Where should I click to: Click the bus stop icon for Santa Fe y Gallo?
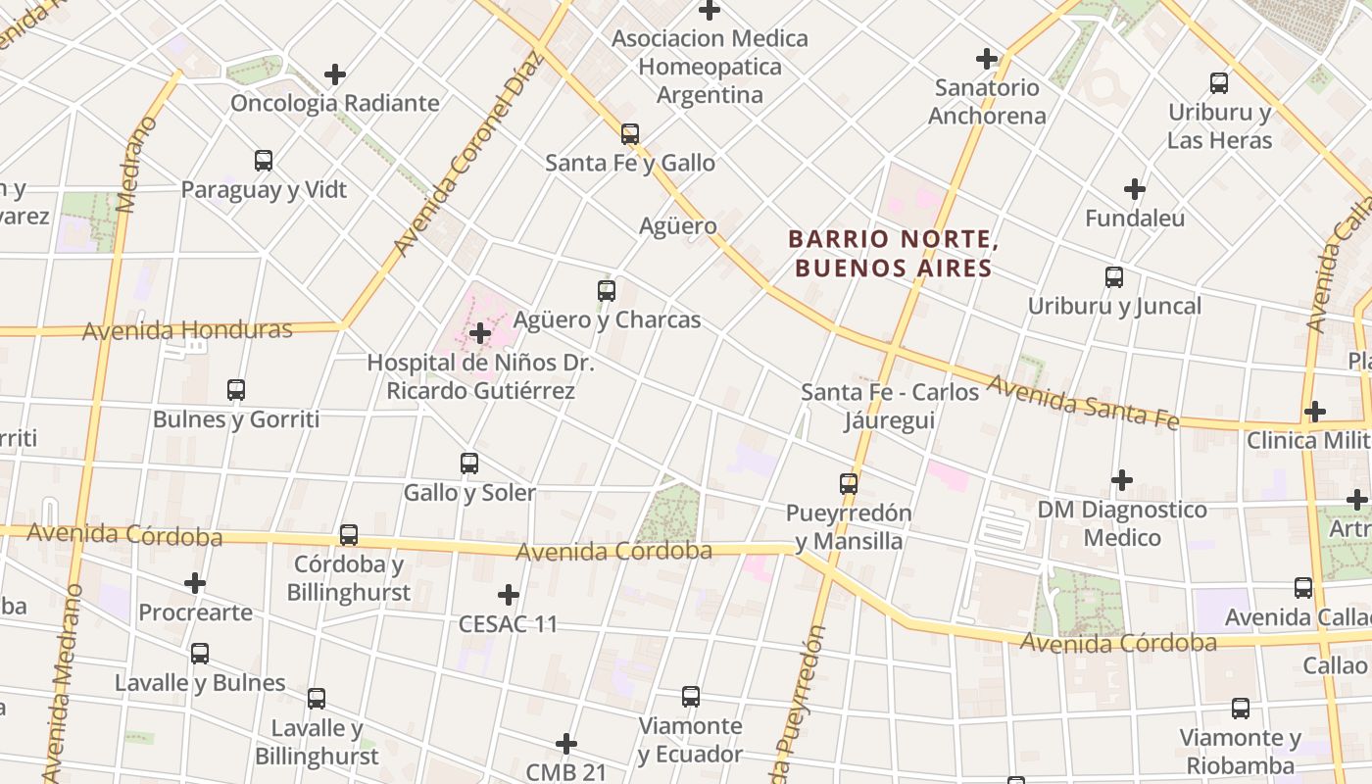(629, 133)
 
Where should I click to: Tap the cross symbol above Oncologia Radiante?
(335, 74)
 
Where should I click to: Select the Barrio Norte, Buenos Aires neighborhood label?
(890, 254)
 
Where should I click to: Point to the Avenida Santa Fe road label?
(1082, 403)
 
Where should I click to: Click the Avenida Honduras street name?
(187, 330)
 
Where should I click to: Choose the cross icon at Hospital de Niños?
(479, 333)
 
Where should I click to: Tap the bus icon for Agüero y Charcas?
(607, 290)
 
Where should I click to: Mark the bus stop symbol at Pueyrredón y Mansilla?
(849, 483)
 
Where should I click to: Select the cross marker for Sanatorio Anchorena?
(987, 59)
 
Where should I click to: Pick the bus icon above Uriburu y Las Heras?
(1219, 83)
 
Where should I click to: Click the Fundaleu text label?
(1134, 219)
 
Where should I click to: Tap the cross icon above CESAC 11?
(508, 595)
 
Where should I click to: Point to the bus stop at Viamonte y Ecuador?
(691, 697)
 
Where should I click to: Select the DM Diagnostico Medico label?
(1122, 523)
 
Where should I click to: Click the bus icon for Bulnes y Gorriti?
(236, 389)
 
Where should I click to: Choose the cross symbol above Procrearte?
(195, 583)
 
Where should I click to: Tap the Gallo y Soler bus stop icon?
(469, 463)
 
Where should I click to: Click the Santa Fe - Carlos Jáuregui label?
(890, 406)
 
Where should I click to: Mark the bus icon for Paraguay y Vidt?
(264, 160)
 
